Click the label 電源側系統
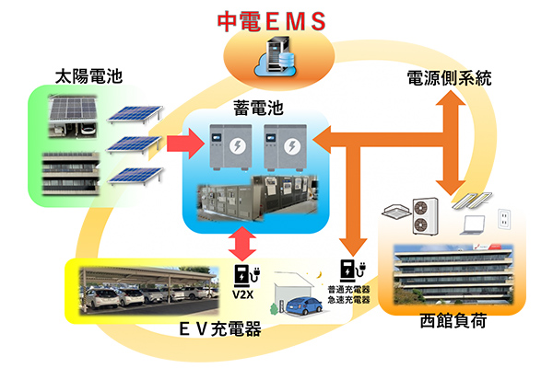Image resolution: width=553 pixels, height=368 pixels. [449, 79]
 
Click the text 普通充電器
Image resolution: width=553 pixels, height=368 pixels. [347, 290]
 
